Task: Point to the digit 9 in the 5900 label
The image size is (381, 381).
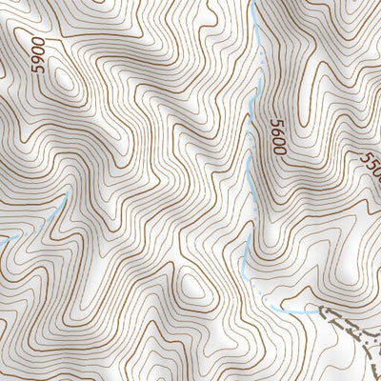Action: point(39,63)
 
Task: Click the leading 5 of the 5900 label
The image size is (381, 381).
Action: point(39,72)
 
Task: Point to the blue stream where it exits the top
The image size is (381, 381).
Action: point(258,4)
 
